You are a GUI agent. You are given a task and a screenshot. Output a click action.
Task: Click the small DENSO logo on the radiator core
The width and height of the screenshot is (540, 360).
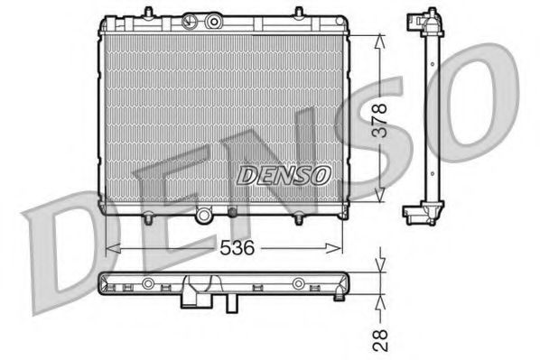click(284, 175)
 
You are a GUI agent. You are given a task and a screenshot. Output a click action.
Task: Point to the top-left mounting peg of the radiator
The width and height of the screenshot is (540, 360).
click(117, 18)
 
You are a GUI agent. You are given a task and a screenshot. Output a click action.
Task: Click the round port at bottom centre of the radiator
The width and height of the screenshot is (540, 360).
click(205, 213)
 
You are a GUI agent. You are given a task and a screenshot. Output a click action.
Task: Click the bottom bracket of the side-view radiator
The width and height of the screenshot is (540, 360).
click(420, 213)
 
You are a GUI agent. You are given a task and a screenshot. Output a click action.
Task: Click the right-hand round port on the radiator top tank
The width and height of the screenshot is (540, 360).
click(214, 19)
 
